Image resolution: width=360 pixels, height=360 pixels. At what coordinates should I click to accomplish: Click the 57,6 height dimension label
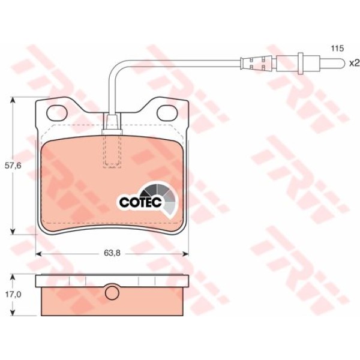[x=13, y=166]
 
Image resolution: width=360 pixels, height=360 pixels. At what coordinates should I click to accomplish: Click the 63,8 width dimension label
[x=112, y=253]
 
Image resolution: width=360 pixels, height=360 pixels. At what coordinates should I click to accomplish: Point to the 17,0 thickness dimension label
[x=13, y=295]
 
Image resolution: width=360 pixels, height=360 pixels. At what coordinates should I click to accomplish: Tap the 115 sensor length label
[x=337, y=49]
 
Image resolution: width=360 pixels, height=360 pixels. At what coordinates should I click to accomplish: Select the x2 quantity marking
[x=354, y=63]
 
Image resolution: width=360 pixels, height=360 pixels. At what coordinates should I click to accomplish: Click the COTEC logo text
[x=140, y=202]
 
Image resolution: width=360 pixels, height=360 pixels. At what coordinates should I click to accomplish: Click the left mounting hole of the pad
[x=57, y=113]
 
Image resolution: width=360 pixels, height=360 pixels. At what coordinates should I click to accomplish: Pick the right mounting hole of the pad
[x=167, y=113]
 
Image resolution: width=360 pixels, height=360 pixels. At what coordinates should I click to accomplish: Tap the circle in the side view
[x=112, y=293]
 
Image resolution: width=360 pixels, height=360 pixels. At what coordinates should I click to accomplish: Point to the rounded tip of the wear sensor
[x=342, y=62]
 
